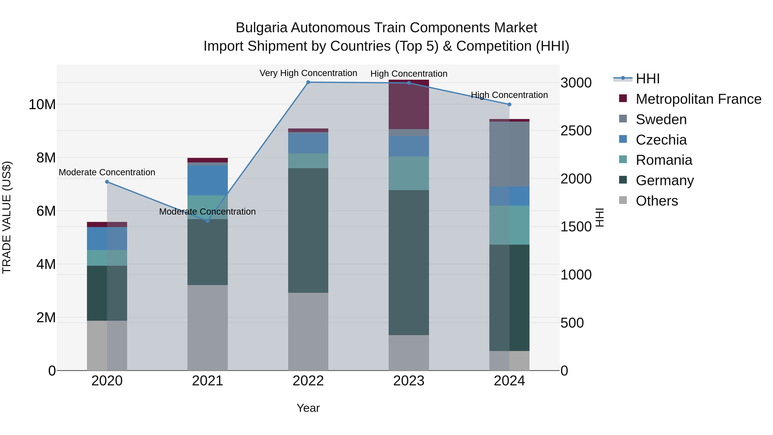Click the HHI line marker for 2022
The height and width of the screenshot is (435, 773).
[308, 82]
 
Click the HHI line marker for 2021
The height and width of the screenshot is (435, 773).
[207, 221]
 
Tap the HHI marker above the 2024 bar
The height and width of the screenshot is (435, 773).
[509, 104]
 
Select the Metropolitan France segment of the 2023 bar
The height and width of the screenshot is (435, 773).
[409, 104]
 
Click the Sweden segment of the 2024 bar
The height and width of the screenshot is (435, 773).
[509, 154]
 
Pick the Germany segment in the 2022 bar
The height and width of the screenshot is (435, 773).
[308, 230]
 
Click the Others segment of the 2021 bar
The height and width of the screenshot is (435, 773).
[207, 327]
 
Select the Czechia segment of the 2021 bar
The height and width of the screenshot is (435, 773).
[207, 180]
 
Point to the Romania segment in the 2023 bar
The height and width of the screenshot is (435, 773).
[409, 173]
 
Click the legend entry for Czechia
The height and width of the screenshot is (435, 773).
[661, 140]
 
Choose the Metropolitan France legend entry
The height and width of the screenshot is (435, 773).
[698, 99]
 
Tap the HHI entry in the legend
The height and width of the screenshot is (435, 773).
[648, 79]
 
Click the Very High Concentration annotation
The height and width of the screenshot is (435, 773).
[308, 73]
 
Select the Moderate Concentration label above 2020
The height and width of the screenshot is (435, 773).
[107, 172]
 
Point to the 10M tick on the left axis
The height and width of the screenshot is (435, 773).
[42, 104]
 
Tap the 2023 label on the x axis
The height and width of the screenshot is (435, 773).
[409, 381]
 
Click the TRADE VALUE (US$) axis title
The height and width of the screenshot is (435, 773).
[7, 217]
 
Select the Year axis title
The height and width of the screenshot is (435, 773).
[308, 408]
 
